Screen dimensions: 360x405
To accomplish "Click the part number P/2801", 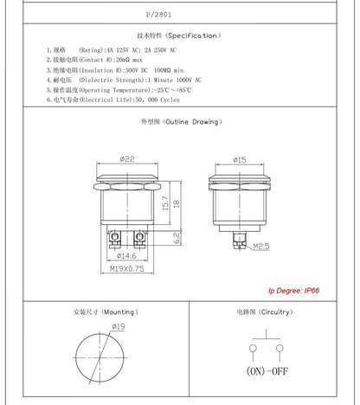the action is coord(158,15).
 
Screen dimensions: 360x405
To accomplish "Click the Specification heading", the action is coord(179,35).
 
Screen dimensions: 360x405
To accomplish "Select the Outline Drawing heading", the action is coord(182,122).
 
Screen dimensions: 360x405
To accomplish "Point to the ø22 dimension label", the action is coord(127,158).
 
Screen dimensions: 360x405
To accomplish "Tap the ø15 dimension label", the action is coord(240,159).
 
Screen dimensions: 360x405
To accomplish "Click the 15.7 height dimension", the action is coord(165,203).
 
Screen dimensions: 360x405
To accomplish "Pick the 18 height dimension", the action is coord(177,203).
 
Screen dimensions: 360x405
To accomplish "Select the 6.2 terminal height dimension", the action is coord(177,238).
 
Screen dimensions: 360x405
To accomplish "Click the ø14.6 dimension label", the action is coord(126,255).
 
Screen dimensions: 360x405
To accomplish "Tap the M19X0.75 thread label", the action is coord(127,268).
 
